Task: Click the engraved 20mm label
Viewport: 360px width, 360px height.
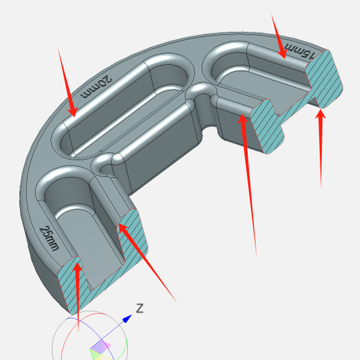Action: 96,87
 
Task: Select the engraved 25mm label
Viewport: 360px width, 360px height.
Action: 49,238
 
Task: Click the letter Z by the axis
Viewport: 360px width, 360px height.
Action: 140,308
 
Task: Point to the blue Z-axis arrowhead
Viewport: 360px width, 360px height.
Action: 127,318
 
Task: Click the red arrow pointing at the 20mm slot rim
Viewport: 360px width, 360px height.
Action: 67,82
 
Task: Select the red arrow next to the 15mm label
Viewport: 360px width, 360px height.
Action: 279,36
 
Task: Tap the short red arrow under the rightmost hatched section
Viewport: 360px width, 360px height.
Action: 320,149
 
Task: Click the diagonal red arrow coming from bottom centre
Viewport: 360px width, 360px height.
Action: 147,263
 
